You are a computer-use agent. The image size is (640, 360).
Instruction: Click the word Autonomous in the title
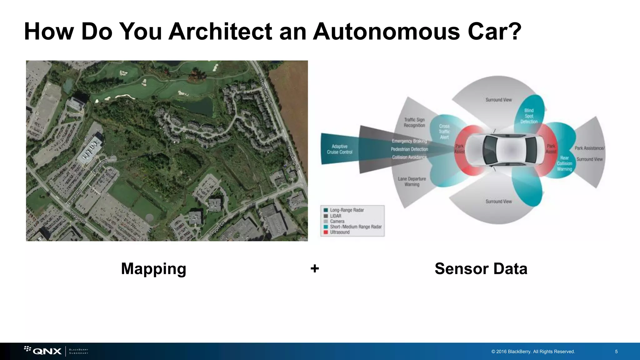[x=386, y=32]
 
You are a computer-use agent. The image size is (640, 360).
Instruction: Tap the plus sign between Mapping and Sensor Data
[x=315, y=268]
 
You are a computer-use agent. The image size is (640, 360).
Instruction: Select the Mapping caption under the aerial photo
[x=153, y=269]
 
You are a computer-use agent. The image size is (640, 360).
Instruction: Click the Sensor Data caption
[x=481, y=269]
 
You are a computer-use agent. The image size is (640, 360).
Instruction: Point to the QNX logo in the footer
[x=47, y=351]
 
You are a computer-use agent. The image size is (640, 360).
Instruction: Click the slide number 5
[x=616, y=352]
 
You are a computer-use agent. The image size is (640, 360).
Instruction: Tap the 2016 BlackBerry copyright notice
[x=533, y=352]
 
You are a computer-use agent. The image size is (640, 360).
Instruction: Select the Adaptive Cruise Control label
[x=339, y=149]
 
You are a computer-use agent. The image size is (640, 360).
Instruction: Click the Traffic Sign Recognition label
[x=414, y=122]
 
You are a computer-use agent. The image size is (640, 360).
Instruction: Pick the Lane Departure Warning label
[x=412, y=182]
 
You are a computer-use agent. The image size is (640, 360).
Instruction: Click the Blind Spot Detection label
[x=529, y=116]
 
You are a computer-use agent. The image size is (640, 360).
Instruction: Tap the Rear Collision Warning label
[x=564, y=163]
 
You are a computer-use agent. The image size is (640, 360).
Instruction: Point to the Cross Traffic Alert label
[x=444, y=132]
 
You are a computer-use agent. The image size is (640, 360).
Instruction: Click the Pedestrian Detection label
[x=409, y=149]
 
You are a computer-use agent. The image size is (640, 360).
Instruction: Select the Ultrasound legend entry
[x=339, y=232]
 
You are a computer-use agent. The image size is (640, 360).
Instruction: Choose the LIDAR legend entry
[x=335, y=216]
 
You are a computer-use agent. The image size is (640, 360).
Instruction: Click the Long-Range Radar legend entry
[x=347, y=210]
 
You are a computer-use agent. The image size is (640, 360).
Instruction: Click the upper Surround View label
[x=498, y=100]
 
